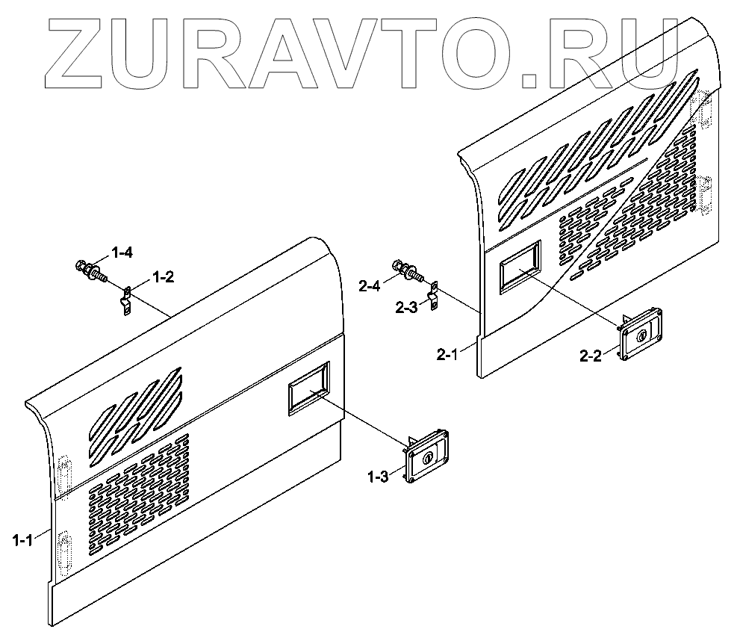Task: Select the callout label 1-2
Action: click(x=163, y=277)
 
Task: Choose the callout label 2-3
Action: click(x=407, y=306)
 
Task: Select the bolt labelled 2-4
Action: click(x=407, y=270)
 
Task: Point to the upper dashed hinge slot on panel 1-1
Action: click(x=64, y=472)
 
